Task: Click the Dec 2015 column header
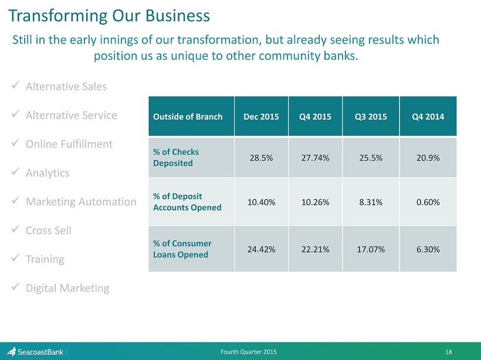[261, 117]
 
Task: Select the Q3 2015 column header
[371, 117]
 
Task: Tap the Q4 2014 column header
[428, 117]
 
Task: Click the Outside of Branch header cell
[188, 117]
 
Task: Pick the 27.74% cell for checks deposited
[315, 158]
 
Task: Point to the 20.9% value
[428, 158]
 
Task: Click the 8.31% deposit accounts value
[371, 202]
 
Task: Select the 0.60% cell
[428, 202]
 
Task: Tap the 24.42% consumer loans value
[261, 249]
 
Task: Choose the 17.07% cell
[371, 249]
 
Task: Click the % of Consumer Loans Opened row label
[182, 249]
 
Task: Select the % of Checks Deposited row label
[176, 157]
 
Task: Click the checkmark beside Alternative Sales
[15, 85]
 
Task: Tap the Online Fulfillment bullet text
[69, 144]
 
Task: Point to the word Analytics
[48, 173]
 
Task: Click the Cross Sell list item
[49, 230]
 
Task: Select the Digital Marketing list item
[67, 288]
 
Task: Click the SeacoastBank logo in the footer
[35, 351]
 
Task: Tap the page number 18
[449, 352]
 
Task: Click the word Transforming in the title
[58, 16]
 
